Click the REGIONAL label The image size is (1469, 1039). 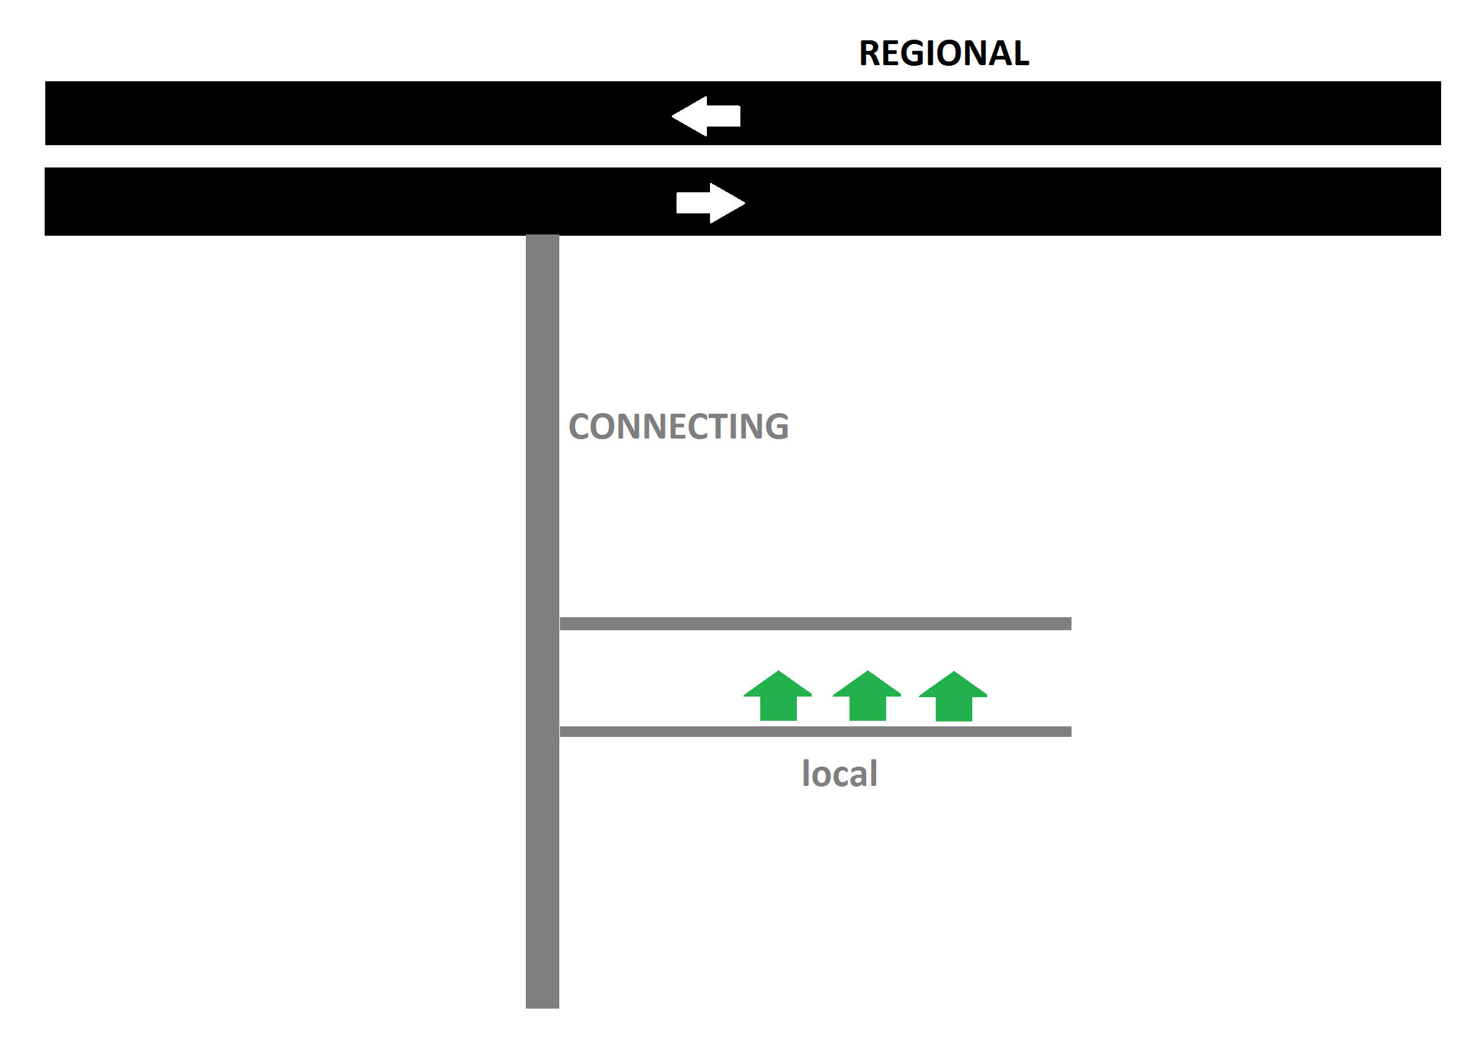[944, 53]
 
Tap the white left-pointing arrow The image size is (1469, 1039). [707, 116]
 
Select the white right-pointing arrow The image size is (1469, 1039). [710, 203]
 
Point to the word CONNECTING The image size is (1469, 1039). [678, 426]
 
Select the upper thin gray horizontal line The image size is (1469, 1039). [815, 623]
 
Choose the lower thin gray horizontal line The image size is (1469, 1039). [815, 732]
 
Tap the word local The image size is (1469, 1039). [840, 774]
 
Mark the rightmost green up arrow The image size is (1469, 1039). [953, 697]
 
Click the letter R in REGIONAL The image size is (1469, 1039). [871, 53]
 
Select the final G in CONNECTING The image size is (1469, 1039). [776, 426]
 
